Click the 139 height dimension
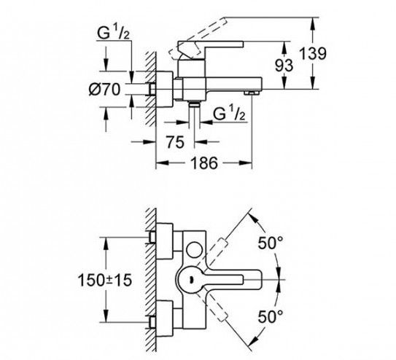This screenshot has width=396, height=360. point(312,53)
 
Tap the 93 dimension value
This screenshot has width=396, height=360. point(284,66)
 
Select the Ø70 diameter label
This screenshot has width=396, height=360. point(104,89)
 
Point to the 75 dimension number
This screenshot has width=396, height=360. point(175,142)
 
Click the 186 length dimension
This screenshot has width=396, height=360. point(203,163)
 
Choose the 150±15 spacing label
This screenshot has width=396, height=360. point(105,280)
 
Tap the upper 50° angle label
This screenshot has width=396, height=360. point(271,243)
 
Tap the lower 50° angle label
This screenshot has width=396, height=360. point(271,316)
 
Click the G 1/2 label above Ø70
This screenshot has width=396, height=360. point(113,33)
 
